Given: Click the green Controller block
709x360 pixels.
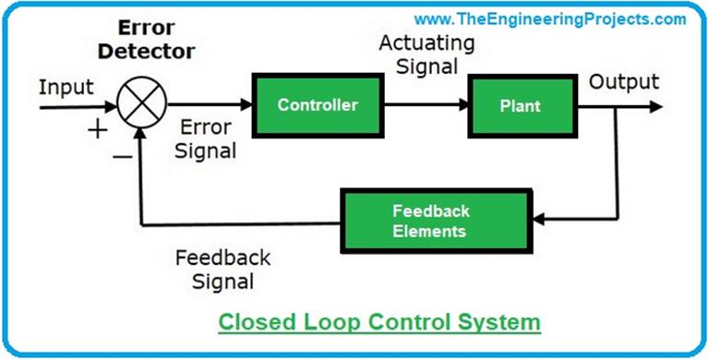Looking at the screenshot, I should click(317, 106).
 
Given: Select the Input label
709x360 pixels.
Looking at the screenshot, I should click(66, 88).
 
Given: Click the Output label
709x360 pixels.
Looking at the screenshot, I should click(625, 81).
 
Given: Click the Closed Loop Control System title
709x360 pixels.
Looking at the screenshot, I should click(379, 322).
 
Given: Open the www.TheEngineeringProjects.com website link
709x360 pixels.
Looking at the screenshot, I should click(549, 18).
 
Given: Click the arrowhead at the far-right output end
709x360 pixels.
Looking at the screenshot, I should click(655, 106).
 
